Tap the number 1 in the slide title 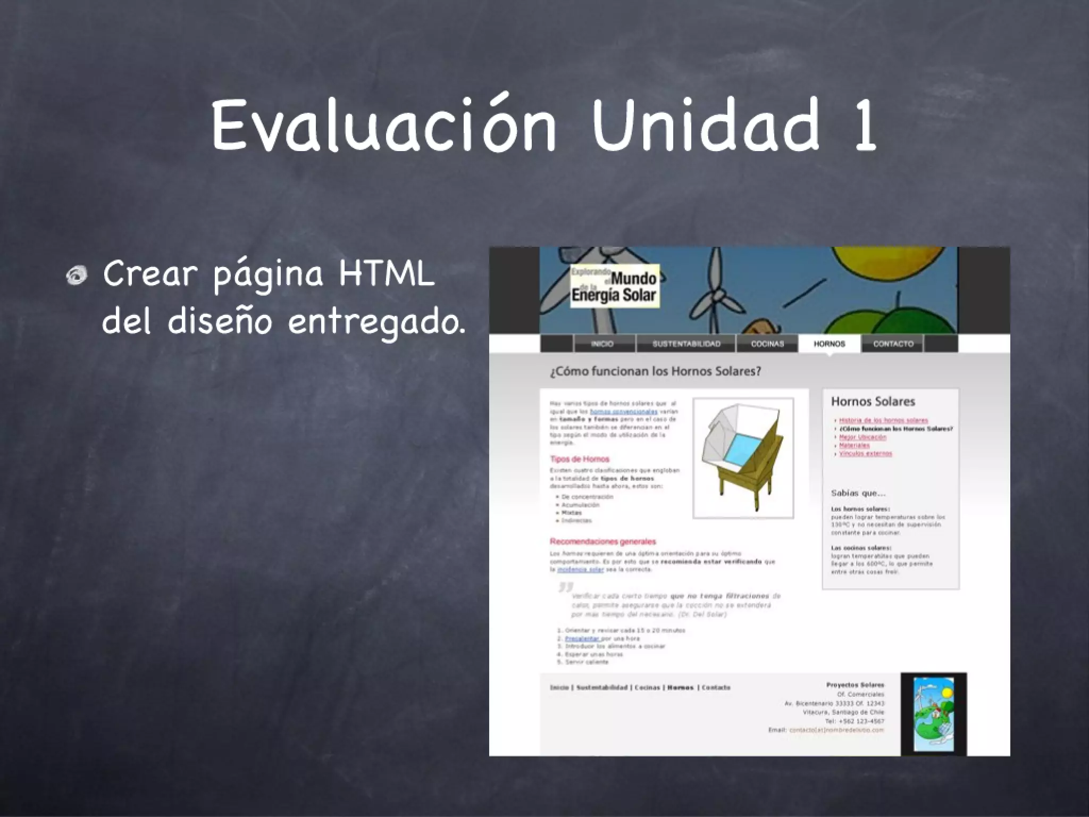point(864,126)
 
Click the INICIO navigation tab point(602,344)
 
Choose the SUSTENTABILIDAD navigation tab point(686,344)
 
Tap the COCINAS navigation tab point(767,344)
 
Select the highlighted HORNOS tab point(829,344)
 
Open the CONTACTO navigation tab point(893,344)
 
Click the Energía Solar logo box point(615,286)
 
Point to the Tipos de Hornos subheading point(580,459)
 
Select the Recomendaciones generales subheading point(603,541)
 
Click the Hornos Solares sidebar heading point(873,402)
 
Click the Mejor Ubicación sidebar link point(863,437)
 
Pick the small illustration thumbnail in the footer point(933,714)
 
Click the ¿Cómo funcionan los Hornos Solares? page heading point(655,371)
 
